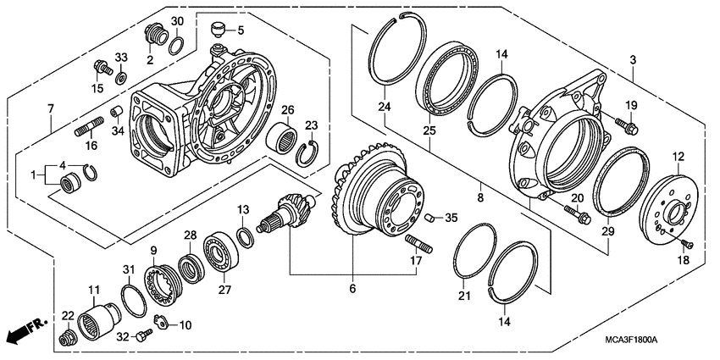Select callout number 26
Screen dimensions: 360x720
[288, 109]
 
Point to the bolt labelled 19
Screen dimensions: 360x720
[629, 125]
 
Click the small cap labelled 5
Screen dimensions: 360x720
[219, 30]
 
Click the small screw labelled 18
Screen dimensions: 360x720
[687, 243]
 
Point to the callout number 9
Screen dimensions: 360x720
[154, 250]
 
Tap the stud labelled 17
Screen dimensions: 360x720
[421, 246]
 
